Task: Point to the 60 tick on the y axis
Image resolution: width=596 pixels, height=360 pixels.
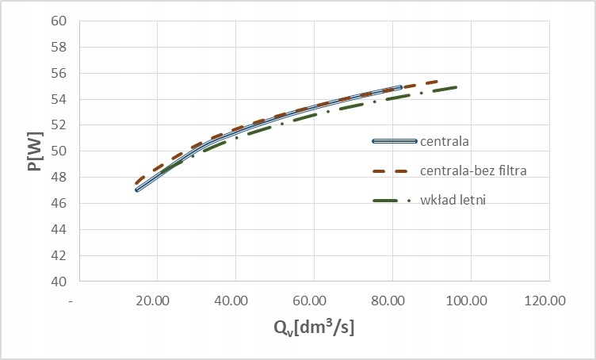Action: (x=59, y=21)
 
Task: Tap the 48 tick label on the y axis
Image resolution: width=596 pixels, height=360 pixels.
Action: (x=59, y=178)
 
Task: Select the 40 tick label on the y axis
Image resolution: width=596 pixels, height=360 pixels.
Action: (x=59, y=281)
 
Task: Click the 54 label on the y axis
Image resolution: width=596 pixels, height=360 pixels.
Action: (x=59, y=99)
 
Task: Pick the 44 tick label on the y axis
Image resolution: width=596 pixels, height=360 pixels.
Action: (x=59, y=229)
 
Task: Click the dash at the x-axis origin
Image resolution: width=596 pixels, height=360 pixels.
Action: (x=72, y=301)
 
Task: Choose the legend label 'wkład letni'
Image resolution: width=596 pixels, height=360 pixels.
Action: (x=452, y=200)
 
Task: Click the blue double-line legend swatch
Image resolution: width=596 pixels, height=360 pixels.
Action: (x=394, y=141)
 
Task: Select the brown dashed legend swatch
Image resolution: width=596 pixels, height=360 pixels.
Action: (x=394, y=170)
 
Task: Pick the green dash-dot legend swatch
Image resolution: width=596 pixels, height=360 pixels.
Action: (x=394, y=200)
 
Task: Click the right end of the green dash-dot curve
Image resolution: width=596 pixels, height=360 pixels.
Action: (x=457, y=87)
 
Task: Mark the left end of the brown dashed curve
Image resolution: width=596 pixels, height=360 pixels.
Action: (x=137, y=183)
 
